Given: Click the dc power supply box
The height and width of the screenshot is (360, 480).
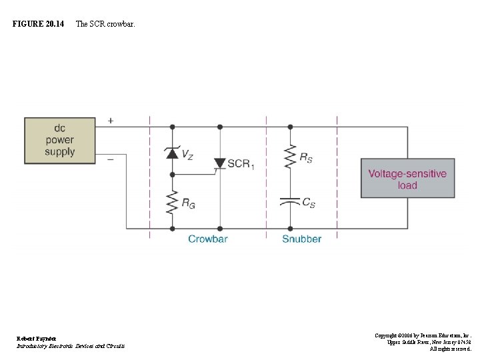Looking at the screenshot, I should coord(59,140).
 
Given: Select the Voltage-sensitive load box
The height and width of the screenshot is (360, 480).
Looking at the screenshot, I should coord(407,179).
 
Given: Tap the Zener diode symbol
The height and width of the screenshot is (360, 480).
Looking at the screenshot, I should coord(172,153).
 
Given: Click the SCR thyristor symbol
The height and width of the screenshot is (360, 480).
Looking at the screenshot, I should coord(219,163).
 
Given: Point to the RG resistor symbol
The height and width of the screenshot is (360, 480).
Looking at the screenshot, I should coord(172,201).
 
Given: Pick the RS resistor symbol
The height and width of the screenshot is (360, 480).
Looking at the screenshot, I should coord(290,158).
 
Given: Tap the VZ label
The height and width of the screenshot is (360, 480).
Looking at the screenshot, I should coord(187,155).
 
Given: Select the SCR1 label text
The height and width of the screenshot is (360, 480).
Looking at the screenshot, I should coord(241,164).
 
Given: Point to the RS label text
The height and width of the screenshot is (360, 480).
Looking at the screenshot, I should coord(306,158).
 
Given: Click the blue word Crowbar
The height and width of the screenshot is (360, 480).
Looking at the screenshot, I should coord(207,239).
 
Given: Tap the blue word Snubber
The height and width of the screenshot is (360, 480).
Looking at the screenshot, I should coord(301,239).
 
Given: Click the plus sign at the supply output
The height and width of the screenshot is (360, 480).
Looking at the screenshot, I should coord(110,121).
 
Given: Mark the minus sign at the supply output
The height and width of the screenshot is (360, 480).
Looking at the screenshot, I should coord(110,159).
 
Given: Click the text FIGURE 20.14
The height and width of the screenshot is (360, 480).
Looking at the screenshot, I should coord(38,24).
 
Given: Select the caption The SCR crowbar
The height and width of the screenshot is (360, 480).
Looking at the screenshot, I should coord(105,24).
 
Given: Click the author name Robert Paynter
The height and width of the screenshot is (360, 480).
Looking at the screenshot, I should coord(37,339).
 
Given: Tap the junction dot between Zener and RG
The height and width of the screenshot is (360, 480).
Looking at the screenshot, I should coord(172,175).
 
